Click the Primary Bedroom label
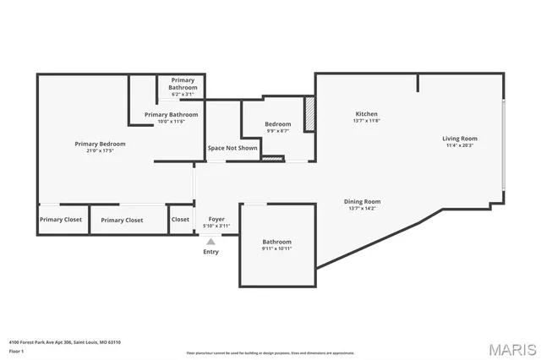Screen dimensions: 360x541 pyautogui.click(x=100, y=144)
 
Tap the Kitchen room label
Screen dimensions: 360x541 pyautogui.click(x=366, y=113)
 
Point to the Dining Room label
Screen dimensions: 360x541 pyautogui.click(x=362, y=201)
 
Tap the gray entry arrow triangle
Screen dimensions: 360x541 pyautogui.click(x=210, y=241)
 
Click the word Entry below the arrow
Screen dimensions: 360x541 pyautogui.click(x=210, y=252)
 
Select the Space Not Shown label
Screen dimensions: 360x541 pyautogui.click(x=232, y=148)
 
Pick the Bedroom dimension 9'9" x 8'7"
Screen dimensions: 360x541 pyautogui.click(x=278, y=131)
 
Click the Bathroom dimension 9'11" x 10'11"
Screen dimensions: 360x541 pyautogui.click(x=277, y=248)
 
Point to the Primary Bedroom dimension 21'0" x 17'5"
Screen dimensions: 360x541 pyautogui.click(x=100, y=151)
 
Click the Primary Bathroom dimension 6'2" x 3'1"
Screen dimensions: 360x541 pyautogui.click(x=183, y=94)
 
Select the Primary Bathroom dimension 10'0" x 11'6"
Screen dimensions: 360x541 pyautogui.click(x=172, y=122)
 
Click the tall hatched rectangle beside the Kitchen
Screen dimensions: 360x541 pyautogui.click(x=309, y=113)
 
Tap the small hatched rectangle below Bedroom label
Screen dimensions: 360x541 pyautogui.click(x=272, y=157)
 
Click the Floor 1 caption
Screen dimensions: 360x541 pyautogui.click(x=16, y=351)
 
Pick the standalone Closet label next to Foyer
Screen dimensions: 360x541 pyautogui.click(x=180, y=219)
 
